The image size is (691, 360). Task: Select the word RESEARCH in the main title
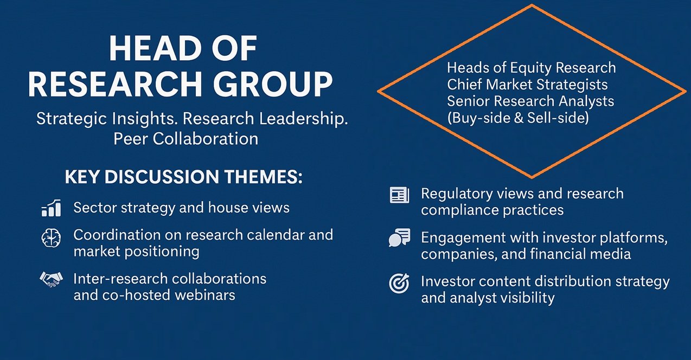coord(116,84)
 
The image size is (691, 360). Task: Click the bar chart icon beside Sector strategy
coord(51,208)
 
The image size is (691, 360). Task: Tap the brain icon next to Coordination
coord(51,238)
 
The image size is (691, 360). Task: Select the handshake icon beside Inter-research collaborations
coord(51,279)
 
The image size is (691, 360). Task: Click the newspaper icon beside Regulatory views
coord(400,195)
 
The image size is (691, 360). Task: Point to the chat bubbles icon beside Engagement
coord(400,237)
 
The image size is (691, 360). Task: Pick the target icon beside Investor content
coord(399,283)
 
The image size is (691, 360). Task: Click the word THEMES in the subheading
coord(264,177)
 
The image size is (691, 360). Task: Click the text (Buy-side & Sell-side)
coord(518,118)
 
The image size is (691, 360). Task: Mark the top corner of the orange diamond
coord(532,5)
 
